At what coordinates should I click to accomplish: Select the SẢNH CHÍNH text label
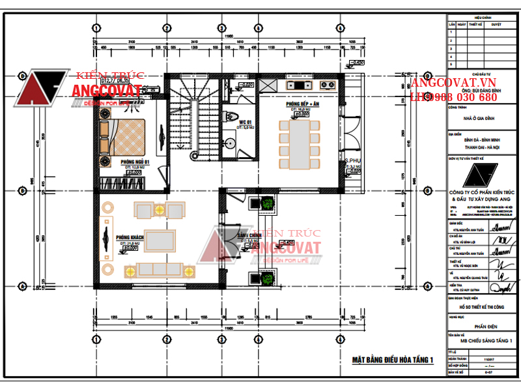click(x=250, y=235)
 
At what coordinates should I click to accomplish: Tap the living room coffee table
click(x=159, y=240)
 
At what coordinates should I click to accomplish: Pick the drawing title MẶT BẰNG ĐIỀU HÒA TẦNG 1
click(x=392, y=360)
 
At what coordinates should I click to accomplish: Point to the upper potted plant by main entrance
click(x=266, y=203)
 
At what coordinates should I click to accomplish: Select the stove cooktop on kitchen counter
click(x=301, y=85)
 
